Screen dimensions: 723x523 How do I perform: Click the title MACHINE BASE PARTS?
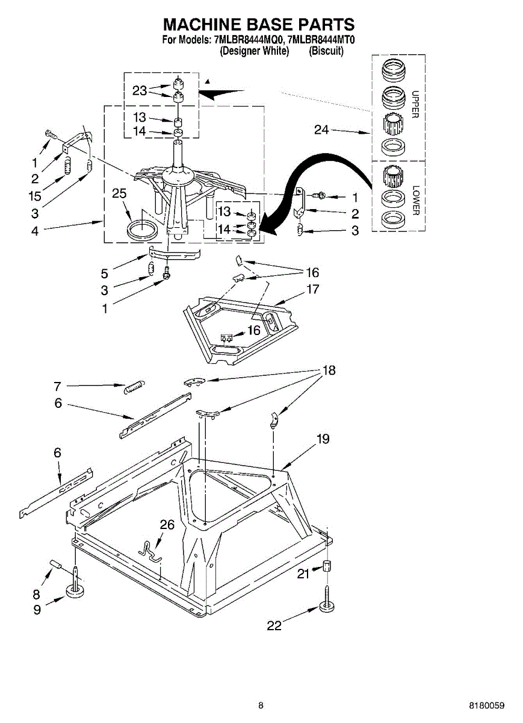click(x=259, y=25)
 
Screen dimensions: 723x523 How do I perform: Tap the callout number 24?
click(x=321, y=130)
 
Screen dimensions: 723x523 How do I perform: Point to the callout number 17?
click(x=312, y=289)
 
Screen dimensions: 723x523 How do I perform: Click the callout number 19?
click(x=323, y=439)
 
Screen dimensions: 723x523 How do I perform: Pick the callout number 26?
click(x=167, y=525)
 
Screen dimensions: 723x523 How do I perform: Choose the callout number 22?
click(x=274, y=625)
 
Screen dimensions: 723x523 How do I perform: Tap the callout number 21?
click(x=303, y=574)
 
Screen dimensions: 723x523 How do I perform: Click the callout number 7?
click(x=58, y=386)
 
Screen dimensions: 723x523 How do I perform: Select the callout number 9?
click(x=37, y=609)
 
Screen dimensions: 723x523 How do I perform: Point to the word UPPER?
click(x=415, y=104)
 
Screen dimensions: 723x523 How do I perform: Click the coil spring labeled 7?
click(x=134, y=388)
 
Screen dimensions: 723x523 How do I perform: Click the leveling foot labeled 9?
click(x=75, y=590)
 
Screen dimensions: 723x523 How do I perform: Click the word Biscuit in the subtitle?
click(x=326, y=51)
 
